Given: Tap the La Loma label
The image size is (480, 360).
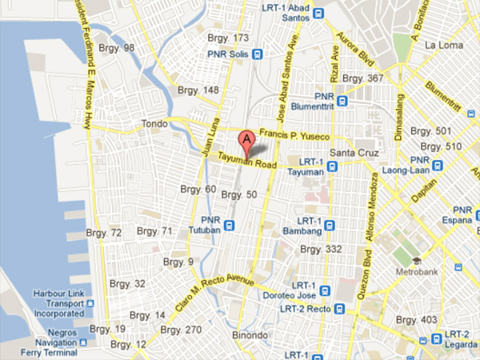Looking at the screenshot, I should (444, 44).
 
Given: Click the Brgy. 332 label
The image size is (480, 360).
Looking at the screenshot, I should (319, 250).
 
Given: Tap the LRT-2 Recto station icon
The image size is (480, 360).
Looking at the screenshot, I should (340, 308).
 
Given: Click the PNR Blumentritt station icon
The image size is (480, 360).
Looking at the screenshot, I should (342, 102).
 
